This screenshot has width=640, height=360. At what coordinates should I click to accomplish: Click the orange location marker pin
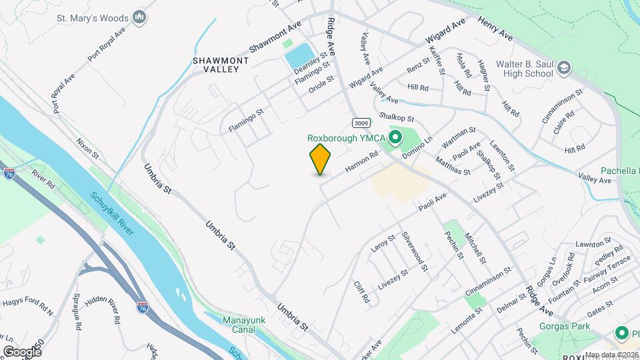[x=320, y=159]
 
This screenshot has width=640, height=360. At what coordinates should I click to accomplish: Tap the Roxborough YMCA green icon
[x=395, y=138]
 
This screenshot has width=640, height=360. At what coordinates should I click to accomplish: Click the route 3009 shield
[x=361, y=123]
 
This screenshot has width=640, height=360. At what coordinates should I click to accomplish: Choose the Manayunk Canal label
[x=244, y=325]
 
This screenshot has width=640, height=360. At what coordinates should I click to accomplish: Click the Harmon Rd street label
[x=362, y=162]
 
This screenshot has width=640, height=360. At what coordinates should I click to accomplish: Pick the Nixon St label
[x=87, y=147]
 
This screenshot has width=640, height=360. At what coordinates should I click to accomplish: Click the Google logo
[x=22, y=351]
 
